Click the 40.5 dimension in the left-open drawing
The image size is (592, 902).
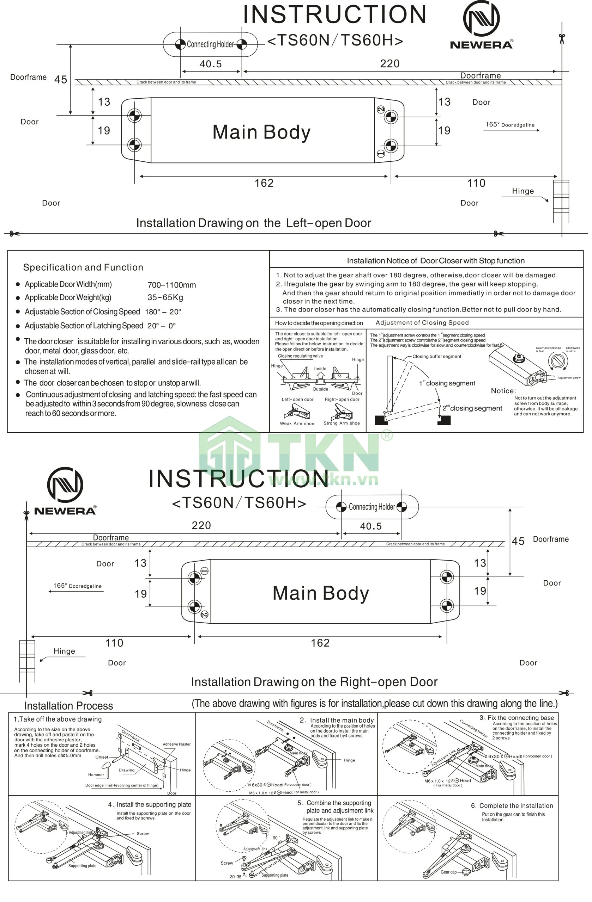(211, 64)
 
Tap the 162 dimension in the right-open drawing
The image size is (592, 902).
(320, 643)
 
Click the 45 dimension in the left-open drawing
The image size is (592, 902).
(61, 80)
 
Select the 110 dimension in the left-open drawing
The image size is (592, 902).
(476, 183)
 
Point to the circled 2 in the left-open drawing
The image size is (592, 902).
(381, 109)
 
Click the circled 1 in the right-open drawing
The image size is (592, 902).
(204, 571)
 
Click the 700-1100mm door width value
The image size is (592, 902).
(171, 285)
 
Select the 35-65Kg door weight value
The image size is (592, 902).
(165, 297)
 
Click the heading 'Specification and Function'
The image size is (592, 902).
(83, 267)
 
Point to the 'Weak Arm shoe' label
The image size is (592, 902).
(297, 424)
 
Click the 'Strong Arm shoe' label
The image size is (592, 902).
(342, 423)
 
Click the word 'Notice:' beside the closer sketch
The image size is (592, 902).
(503, 391)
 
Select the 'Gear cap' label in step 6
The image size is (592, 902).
(448, 872)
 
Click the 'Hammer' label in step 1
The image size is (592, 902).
(96, 775)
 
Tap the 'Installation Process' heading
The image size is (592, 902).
(69, 706)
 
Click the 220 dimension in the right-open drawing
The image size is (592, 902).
(201, 525)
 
